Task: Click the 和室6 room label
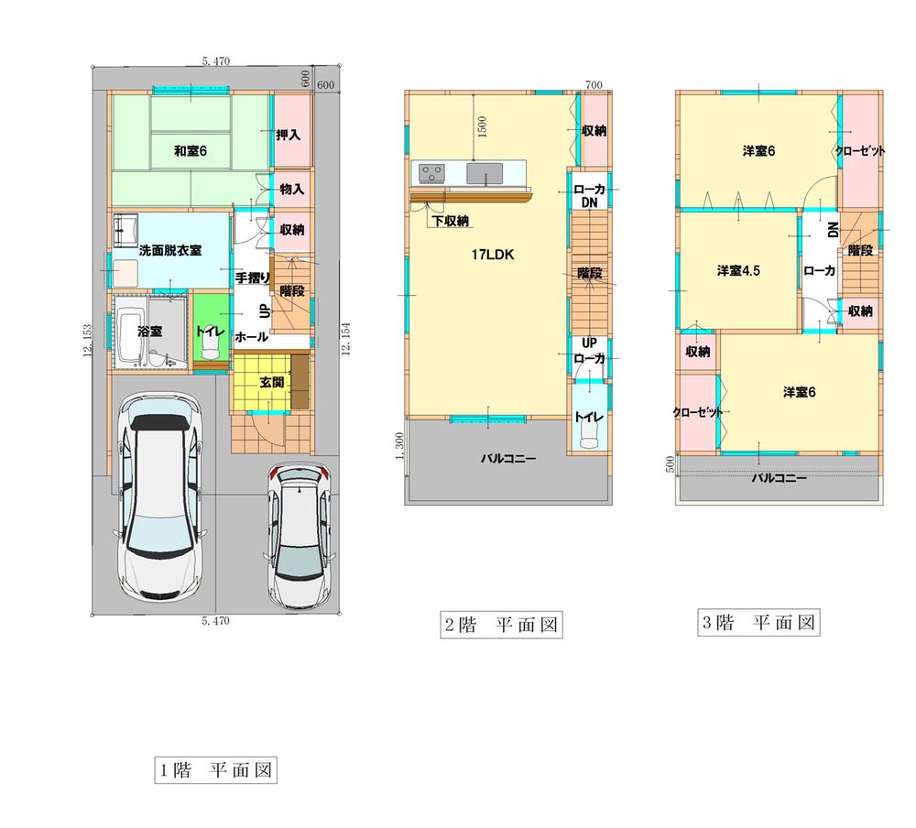click(191, 151)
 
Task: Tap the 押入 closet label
click(289, 136)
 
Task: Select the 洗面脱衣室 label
click(170, 250)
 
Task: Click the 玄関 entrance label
click(272, 382)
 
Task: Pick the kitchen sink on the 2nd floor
click(482, 172)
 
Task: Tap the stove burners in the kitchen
click(431, 172)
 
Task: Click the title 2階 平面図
click(501, 626)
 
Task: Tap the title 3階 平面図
click(758, 623)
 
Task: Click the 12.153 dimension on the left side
click(86, 343)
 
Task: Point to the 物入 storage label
click(292, 190)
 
